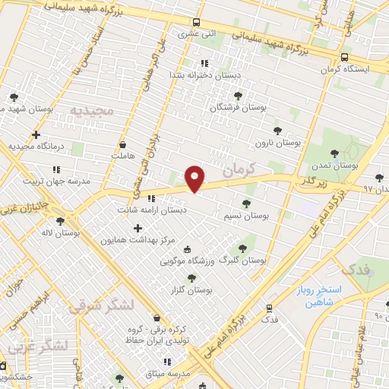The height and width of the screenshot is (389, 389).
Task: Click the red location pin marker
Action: pos(195,179)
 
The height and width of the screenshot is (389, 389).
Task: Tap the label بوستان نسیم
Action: pos(246,217)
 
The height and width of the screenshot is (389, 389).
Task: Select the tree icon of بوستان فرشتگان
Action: pos(238,96)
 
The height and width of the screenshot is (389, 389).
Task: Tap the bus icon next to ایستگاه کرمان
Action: pos(345,57)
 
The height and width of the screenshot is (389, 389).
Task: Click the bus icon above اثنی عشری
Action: pos(196,22)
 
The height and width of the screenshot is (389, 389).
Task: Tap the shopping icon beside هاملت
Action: pos(122,143)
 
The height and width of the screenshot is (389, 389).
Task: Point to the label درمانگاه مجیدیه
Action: pos(34,145)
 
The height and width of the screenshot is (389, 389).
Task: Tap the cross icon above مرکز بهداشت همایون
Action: pos(138,228)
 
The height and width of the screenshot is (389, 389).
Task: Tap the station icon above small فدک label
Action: pos(268,308)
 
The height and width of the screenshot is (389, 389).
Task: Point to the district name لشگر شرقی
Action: pos(101,306)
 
